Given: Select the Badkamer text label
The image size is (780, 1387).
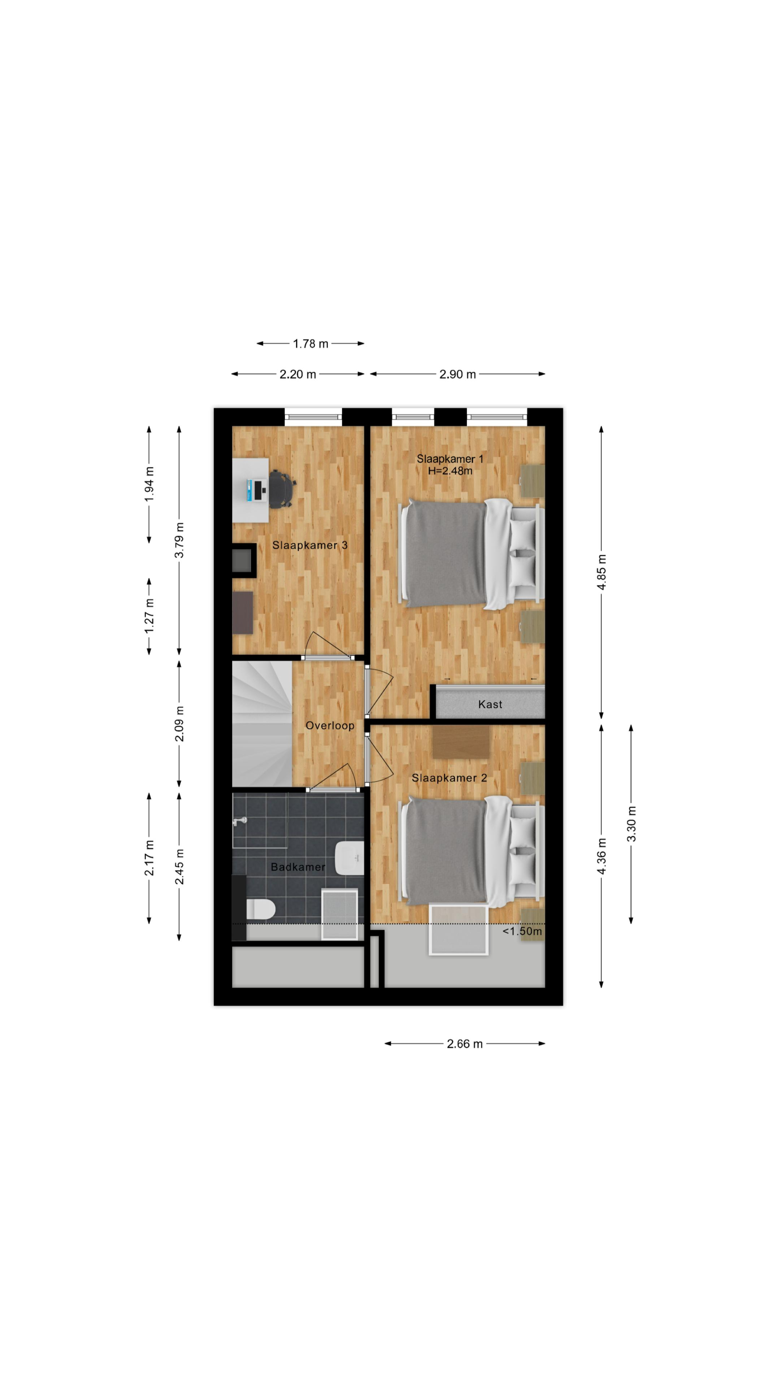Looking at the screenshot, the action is click(298, 867).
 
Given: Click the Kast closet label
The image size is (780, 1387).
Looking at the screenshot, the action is click(490, 704).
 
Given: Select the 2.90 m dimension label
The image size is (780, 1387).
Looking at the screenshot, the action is click(458, 374).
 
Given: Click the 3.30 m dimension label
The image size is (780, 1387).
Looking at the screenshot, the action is click(631, 824).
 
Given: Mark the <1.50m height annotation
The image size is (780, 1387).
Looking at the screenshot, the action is click(522, 931).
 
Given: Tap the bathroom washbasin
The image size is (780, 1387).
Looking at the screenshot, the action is click(349, 858).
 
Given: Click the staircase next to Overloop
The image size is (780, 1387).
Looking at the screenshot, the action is click(262, 724).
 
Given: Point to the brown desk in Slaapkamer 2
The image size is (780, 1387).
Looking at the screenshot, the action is click(461, 742).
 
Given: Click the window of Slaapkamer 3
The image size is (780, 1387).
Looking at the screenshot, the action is click(313, 416).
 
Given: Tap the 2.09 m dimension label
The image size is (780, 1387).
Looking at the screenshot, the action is click(179, 724).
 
